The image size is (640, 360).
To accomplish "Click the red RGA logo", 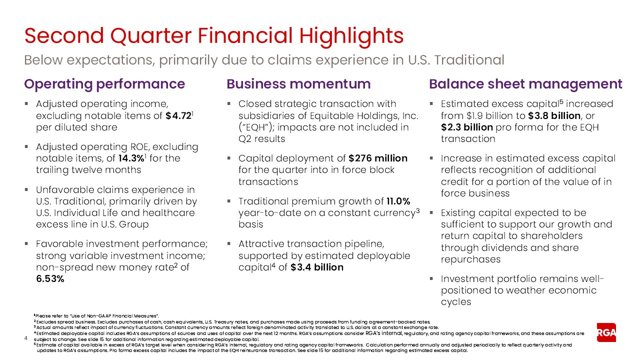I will (x=606, y=332).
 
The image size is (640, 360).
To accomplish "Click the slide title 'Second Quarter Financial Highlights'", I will (x=214, y=36).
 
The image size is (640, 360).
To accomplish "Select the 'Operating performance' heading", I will (x=104, y=83).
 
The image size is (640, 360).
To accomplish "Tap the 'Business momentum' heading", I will (x=298, y=83).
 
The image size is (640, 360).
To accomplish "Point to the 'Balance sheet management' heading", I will (x=525, y=83).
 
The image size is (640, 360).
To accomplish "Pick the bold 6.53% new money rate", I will (x=50, y=278).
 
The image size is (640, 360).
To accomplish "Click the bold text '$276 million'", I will (x=377, y=158).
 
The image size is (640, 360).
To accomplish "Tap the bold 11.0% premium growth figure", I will (x=397, y=201).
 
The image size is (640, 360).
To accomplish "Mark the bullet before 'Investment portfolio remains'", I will (x=432, y=279).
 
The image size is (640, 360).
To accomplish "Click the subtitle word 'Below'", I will (x=43, y=60).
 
